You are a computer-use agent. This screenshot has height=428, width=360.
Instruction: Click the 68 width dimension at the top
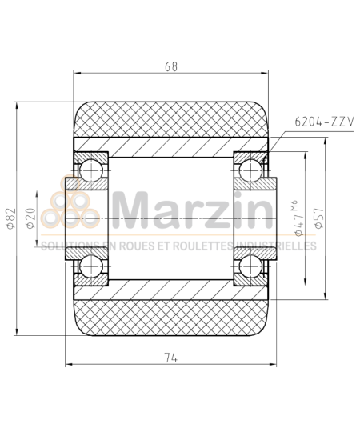pos(171,67)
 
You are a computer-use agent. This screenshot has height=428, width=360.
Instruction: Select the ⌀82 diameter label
pos(10,217)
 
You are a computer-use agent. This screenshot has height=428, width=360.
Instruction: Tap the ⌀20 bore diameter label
pos(31,217)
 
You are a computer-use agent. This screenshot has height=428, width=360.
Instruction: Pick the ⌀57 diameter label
pos(318,219)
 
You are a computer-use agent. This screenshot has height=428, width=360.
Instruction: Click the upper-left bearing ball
pos(90,168)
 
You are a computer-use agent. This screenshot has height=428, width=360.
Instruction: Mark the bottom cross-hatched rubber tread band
pos(171,315)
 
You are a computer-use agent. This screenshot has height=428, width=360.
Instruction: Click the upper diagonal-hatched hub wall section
pos(171,146)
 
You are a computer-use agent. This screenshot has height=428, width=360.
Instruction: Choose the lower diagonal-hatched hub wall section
pos(171,289)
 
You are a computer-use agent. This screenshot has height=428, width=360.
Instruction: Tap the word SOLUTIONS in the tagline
pos(66,246)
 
